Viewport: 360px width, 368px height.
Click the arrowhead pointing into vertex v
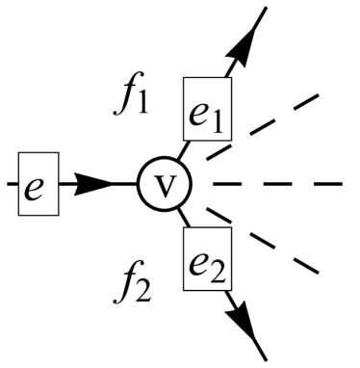[96, 182]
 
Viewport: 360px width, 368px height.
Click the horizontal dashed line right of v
[279, 183]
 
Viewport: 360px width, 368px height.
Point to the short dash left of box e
[8, 182]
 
